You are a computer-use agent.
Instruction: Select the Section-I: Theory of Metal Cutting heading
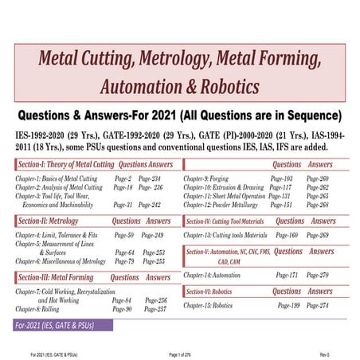pos(64,165)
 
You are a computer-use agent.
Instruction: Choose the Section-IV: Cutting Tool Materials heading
pos(227,221)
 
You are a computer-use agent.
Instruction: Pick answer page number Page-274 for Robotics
pos(317,306)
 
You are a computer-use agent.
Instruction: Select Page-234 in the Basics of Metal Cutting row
pos(150,179)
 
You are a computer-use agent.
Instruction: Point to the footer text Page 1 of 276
pos(186,353)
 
